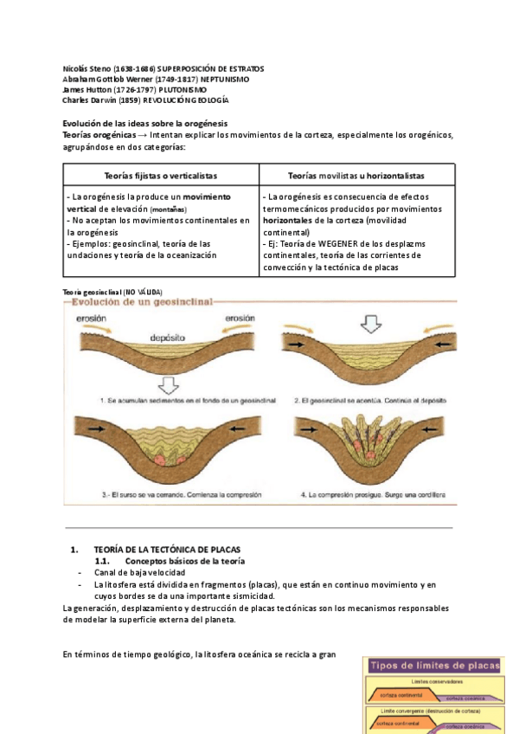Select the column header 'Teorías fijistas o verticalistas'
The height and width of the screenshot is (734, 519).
click(161, 176)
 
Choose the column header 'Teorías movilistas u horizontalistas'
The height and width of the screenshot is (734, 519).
click(356, 176)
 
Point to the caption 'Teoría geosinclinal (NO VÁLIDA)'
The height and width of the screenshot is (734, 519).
click(113, 292)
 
